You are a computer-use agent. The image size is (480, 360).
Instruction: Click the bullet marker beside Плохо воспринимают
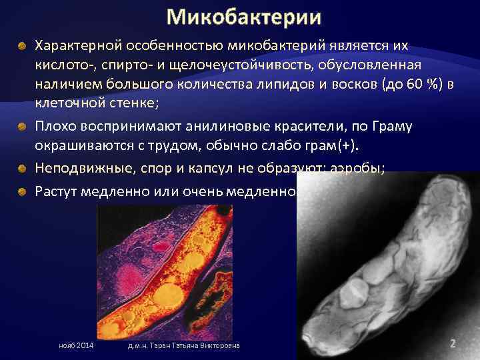click(22, 127)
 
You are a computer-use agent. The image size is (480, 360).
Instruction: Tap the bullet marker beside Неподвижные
click(22, 167)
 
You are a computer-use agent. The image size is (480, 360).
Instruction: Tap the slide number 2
click(453, 343)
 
